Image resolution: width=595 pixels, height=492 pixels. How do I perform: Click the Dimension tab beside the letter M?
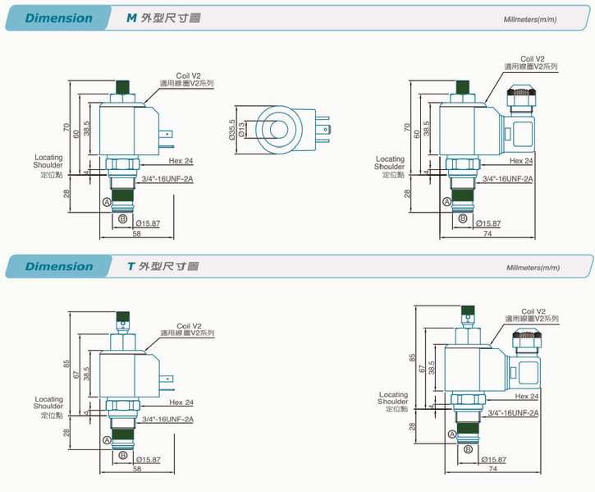click(x=58, y=18)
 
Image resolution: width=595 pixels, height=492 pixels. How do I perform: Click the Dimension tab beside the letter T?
click(x=58, y=266)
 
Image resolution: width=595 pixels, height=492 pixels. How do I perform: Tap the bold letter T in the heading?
click(x=130, y=266)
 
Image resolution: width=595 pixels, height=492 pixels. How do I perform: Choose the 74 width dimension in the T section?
click(x=492, y=468)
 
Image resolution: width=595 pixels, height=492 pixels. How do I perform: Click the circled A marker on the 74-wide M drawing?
click(x=447, y=202)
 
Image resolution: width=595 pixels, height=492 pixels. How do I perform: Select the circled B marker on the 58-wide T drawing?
click(x=123, y=454)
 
